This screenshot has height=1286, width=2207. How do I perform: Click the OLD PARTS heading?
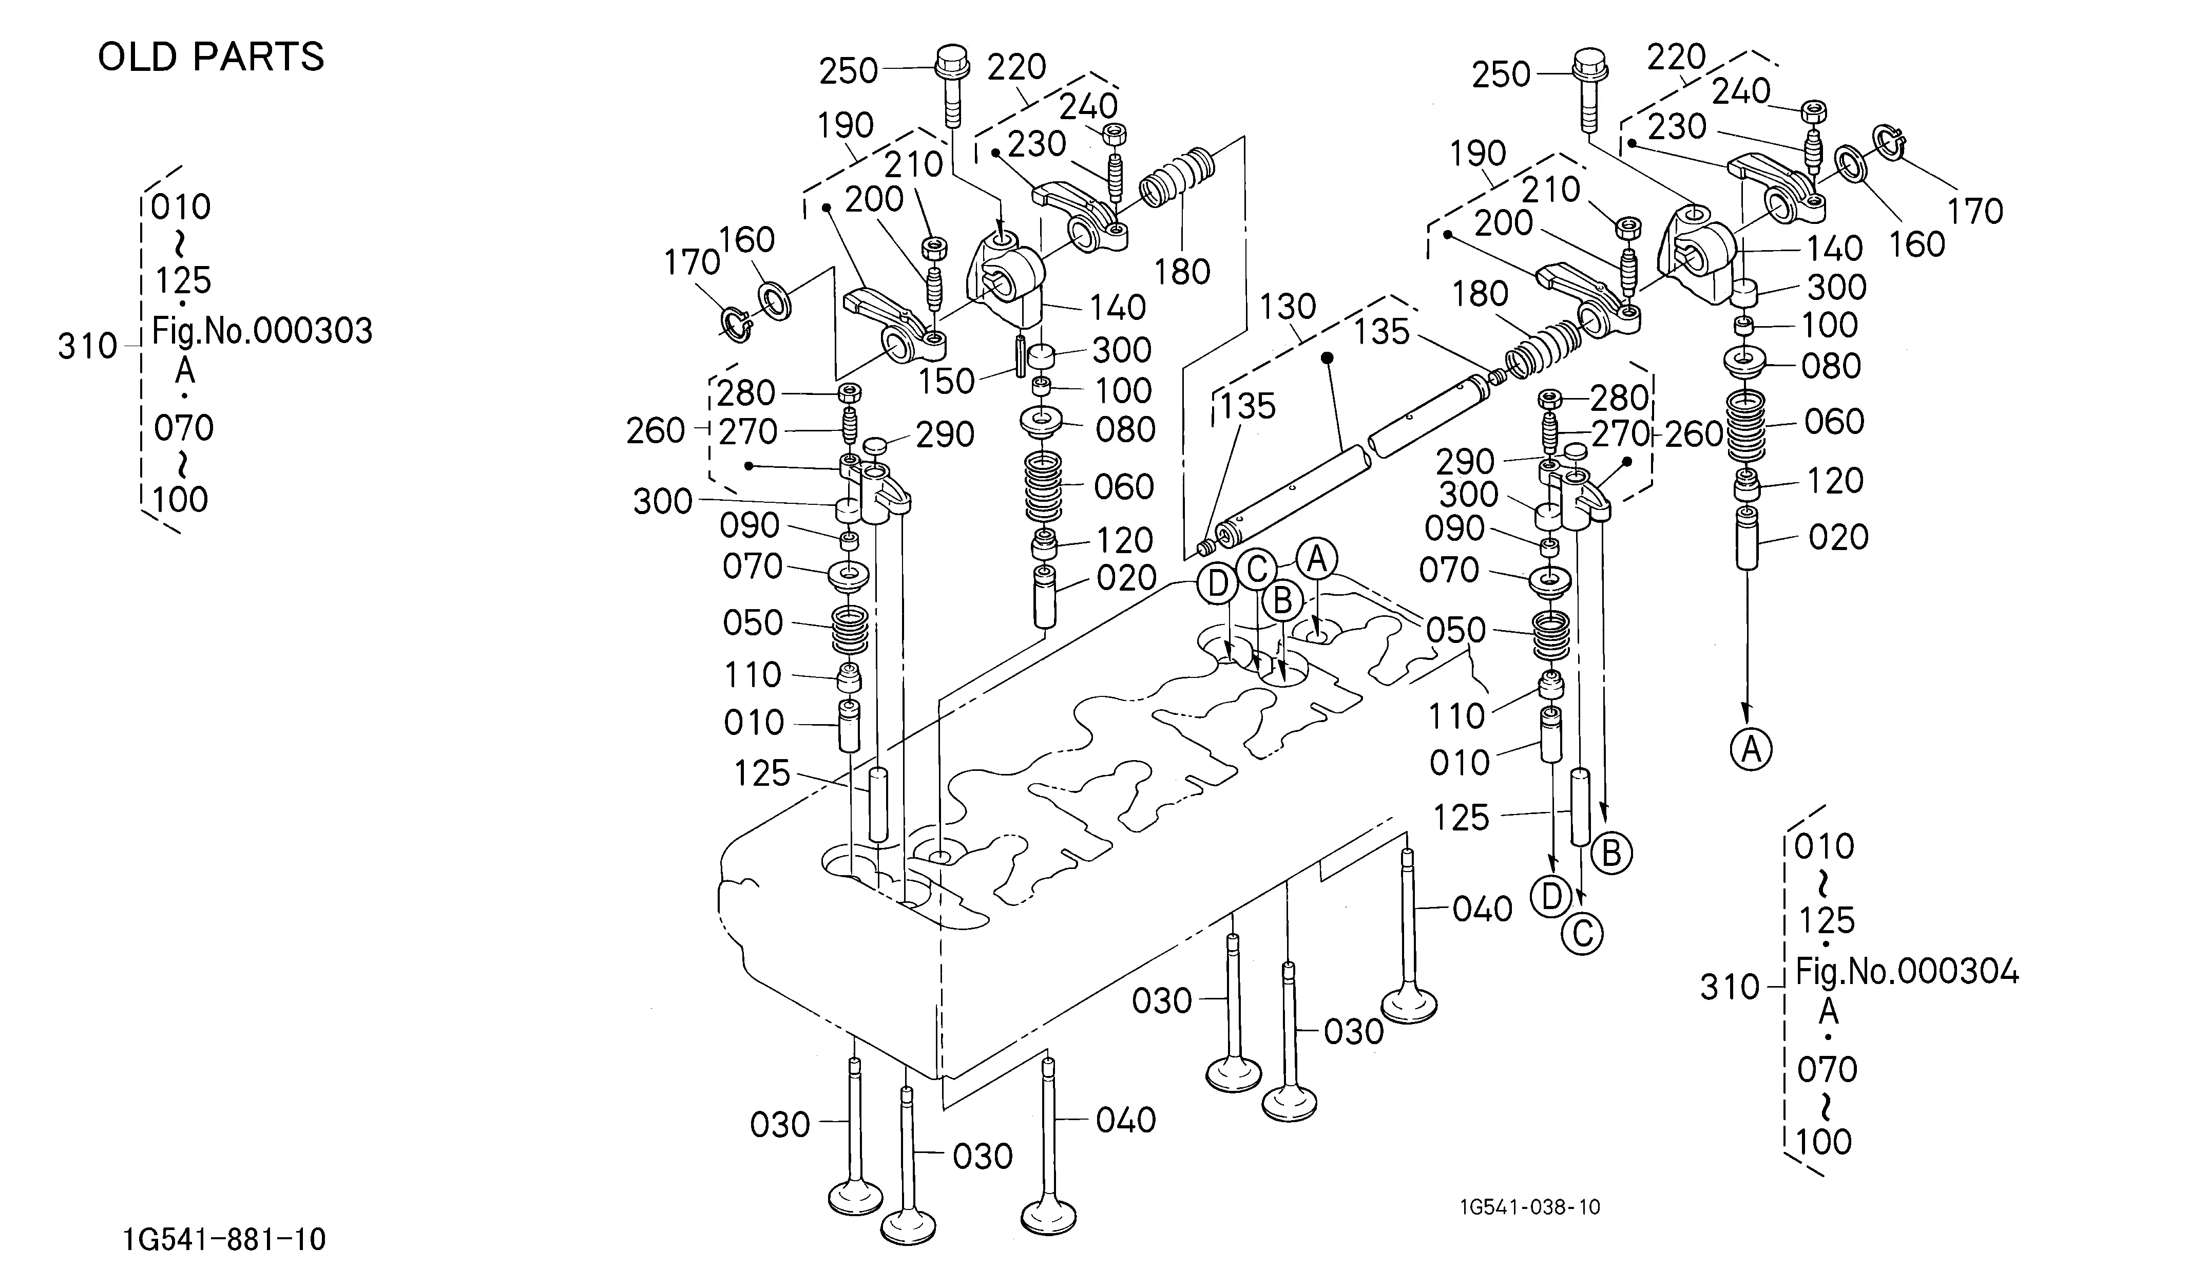[x=211, y=57]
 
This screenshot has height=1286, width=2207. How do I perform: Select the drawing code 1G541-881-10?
[x=225, y=1240]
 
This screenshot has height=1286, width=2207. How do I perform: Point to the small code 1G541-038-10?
[x=1530, y=1207]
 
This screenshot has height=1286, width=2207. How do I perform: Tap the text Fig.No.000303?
[x=262, y=331]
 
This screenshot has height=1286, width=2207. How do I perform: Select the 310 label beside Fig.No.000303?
[x=88, y=347]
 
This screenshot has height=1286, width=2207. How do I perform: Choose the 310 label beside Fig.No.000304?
[x=1730, y=987]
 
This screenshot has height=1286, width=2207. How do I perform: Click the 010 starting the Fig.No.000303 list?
[x=180, y=207]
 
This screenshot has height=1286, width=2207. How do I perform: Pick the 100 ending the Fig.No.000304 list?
[x=1824, y=1142]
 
